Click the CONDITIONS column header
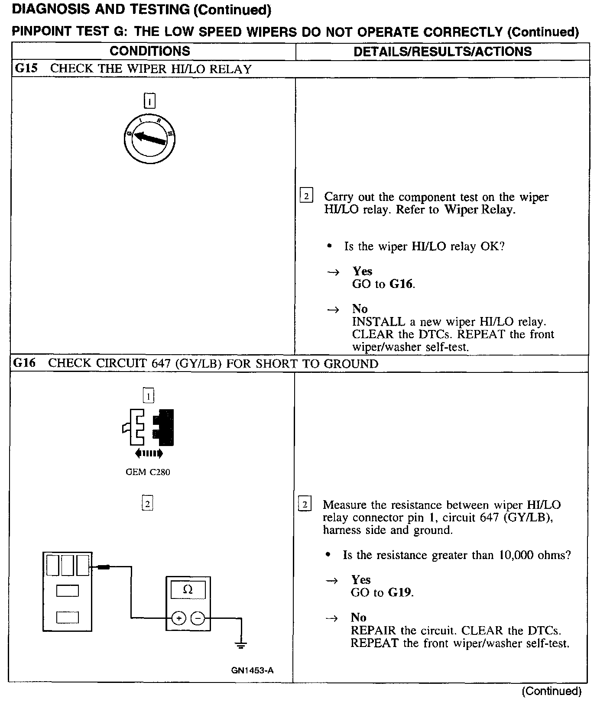(149, 51)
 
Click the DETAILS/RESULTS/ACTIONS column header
(442, 52)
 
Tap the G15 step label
(26, 68)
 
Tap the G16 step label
(24, 363)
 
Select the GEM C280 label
(148, 472)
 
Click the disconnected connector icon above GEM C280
(149, 427)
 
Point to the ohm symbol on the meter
(188, 590)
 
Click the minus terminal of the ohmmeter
(198, 618)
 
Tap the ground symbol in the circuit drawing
(241, 645)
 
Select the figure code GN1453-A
(252, 670)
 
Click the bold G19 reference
(399, 592)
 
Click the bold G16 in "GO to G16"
(401, 284)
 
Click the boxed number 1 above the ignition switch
(149, 101)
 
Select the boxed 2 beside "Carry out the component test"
(306, 196)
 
